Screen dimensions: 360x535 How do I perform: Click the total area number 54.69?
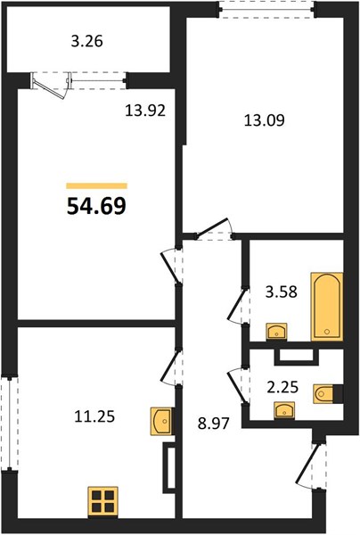96,207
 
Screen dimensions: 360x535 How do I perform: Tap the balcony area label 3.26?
87,41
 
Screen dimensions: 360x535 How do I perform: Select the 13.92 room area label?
145,111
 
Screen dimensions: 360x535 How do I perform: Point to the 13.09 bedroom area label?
264,120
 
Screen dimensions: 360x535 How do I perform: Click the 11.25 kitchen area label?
94,416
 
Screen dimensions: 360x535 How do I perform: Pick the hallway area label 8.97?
213,424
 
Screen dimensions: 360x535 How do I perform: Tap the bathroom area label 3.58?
282,292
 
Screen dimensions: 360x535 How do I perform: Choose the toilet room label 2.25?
282,387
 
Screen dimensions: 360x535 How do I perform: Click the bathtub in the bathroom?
327,307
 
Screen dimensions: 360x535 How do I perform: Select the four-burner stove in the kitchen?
103,501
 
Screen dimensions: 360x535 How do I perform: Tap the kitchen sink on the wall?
161,421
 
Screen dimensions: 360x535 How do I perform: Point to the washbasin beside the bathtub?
276,331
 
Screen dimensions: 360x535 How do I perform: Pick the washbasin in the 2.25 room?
284,410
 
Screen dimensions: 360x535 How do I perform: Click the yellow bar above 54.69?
97,186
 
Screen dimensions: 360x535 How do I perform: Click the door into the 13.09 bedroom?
214,229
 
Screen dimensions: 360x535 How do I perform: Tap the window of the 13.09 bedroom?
266,9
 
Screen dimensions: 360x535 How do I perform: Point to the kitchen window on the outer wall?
10,424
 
